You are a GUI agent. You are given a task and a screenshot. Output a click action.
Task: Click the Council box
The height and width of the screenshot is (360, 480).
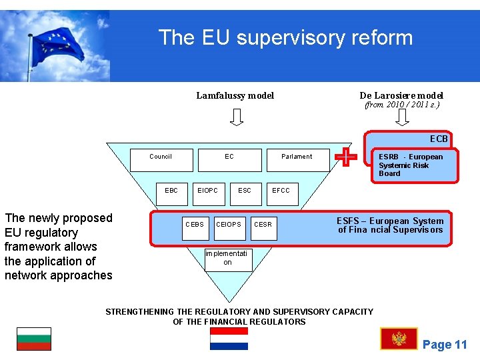(161, 157)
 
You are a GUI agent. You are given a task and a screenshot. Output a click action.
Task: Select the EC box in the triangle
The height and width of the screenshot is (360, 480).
(229, 157)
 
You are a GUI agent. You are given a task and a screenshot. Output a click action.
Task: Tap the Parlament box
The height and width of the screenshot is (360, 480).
(297, 157)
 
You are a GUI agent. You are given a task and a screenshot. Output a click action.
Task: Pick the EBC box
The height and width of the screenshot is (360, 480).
(171, 191)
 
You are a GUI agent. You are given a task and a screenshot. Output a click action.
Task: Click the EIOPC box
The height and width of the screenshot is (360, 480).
(207, 191)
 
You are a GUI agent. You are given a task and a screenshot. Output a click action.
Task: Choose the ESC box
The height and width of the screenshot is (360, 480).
(245, 191)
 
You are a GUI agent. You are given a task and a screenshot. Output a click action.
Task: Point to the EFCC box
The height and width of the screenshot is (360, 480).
(281, 191)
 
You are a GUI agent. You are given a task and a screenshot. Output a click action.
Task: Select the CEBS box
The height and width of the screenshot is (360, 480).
(195, 225)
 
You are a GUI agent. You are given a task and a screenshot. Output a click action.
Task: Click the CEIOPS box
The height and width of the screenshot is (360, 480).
(229, 225)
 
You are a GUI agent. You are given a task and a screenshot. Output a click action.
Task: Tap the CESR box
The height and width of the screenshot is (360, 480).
(263, 225)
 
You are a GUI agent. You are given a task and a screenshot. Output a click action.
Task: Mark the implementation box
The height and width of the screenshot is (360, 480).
(227, 258)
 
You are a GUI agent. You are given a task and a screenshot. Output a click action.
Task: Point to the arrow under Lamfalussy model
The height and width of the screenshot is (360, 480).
(236, 117)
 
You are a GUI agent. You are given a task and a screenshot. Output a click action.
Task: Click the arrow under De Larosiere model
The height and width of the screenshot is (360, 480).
(402, 117)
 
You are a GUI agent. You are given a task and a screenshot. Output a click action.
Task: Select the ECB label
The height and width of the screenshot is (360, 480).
(439, 139)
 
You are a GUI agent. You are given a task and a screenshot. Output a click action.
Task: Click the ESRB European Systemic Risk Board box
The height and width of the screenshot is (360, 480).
(414, 165)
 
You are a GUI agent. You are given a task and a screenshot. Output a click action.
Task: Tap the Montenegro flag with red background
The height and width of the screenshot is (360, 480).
(399, 339)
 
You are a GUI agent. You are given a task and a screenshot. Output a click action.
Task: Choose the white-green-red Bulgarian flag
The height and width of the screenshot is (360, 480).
(34, 339)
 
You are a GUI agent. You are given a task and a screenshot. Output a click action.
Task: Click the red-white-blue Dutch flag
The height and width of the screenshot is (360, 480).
(229, 339)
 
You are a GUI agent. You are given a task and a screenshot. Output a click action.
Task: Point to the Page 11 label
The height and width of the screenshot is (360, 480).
(445, 345)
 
